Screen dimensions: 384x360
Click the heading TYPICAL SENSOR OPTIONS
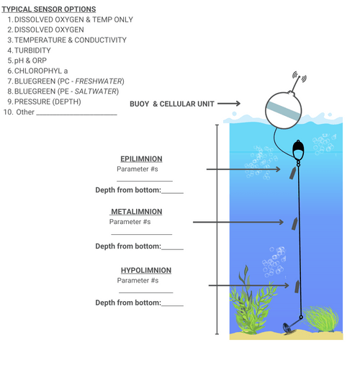48,9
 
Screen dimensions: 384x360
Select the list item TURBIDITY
32,50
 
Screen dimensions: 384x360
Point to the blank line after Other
76,114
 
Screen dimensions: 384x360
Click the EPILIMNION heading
141,158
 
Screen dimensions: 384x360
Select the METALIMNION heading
137,212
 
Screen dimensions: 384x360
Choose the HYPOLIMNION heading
145,270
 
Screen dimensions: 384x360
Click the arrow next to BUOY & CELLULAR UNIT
228,104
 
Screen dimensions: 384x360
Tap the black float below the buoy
298,150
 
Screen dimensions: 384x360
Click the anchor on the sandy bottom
291,330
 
